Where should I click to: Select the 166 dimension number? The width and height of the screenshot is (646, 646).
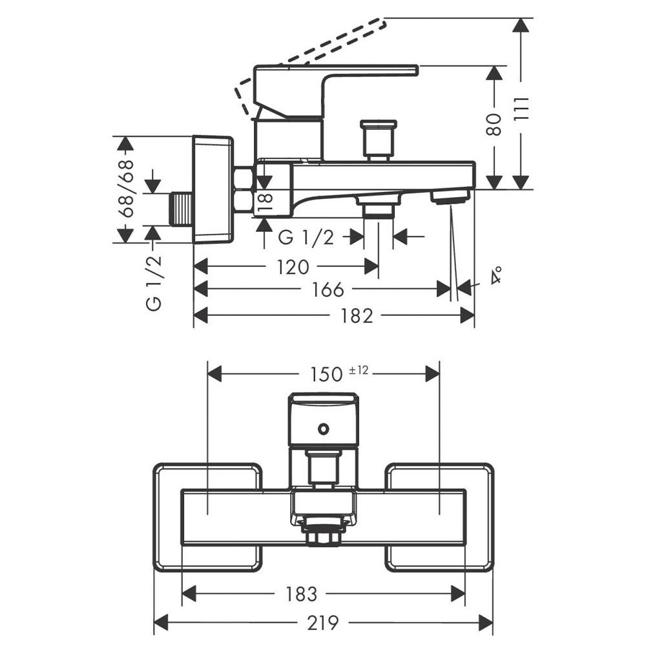click(328, 289)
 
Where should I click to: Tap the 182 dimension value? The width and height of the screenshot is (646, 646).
click(357, 316)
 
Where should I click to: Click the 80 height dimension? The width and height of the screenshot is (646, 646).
click(494, 124)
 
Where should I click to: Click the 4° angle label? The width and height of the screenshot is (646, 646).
click(496, 277)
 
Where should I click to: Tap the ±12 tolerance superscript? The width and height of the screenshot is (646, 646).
click(359, 370)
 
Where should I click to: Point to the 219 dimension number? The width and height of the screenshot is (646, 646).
click(322, 623)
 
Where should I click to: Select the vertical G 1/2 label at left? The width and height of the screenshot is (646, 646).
click(154, 283)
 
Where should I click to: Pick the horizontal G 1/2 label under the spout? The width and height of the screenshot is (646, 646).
click(306, 238)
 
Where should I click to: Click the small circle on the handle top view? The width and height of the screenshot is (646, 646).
click(323, 428)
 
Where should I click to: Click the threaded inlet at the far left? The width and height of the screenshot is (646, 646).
click(183, 209)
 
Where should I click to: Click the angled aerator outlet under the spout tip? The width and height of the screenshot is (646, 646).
click(450, 196)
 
